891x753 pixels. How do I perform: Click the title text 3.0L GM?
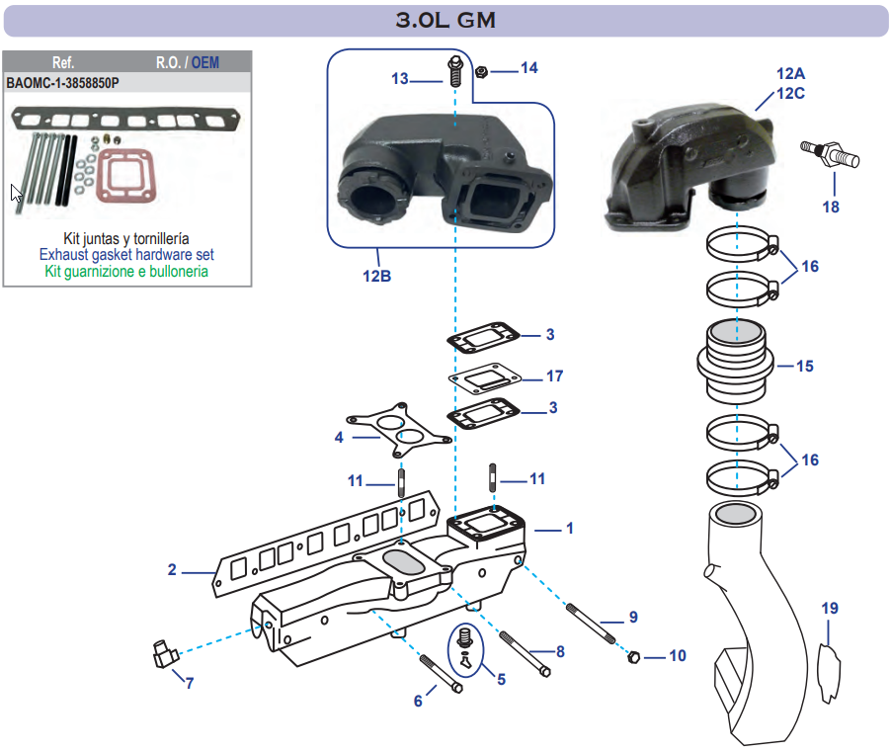point(445,20)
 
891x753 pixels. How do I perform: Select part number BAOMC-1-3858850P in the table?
point(63,83)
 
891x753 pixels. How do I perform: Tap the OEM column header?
point(205,62)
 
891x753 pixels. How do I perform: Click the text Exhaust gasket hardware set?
point(126,255)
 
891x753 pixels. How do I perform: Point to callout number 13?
point(399,78)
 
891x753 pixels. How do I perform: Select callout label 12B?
point(376,277)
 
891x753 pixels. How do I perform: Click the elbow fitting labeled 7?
point(162,654)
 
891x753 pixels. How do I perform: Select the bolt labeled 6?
point(441,674)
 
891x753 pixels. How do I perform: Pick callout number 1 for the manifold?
point(570,529)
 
